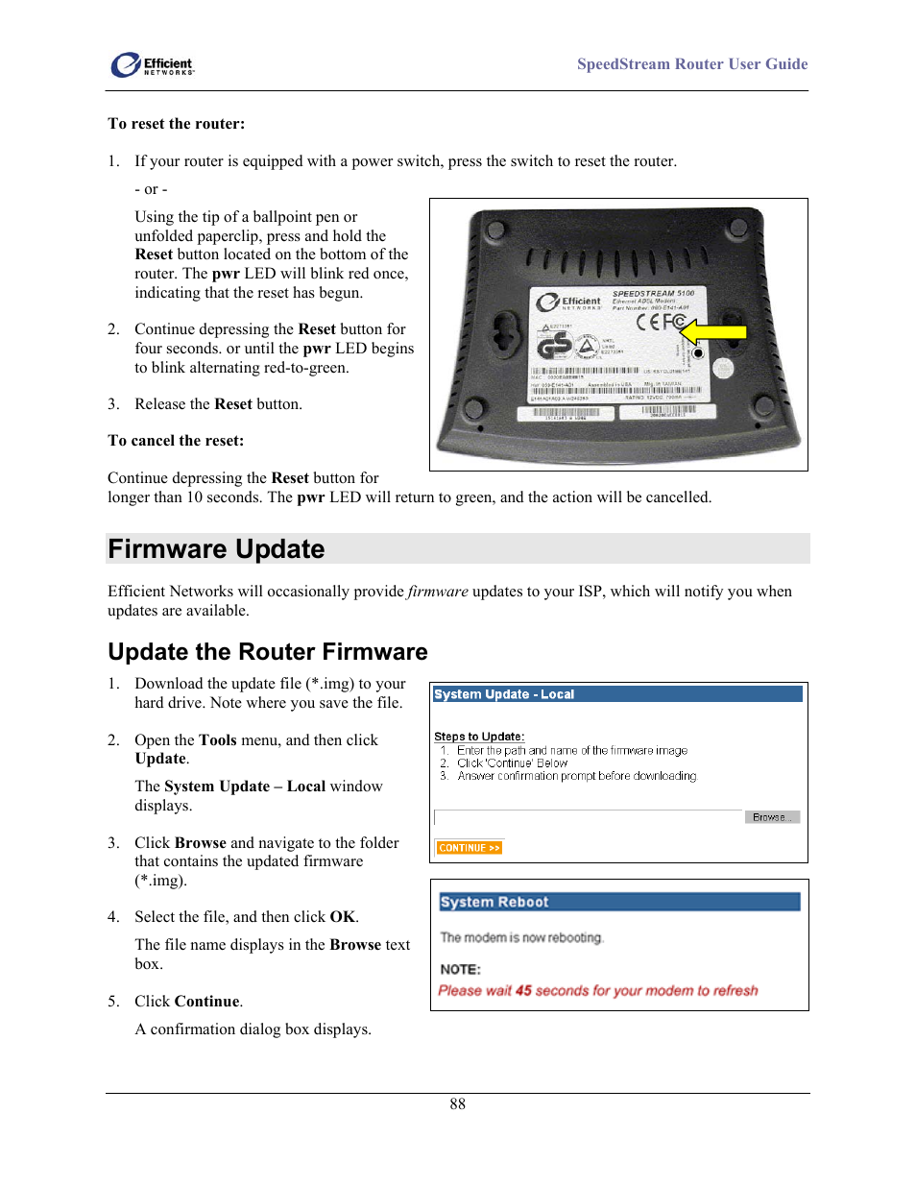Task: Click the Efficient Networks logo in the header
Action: pos(152,65)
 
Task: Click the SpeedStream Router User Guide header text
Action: pos(691,64)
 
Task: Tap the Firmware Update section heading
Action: pos(216,549)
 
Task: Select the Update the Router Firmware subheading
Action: pos(267,652)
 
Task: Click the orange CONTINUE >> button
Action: pos(469,848)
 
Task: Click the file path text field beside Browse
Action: pos(588,817)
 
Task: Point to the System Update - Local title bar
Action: pos(616,694)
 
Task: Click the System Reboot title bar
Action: pos(618,902)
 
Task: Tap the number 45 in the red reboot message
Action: pos(523,991)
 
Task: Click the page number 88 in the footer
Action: pos(457,1104)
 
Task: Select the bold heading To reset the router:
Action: pos(176,124)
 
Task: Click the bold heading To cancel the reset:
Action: pos(176,441)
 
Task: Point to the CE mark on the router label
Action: pos(654,322)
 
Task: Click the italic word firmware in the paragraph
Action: pos(438,592)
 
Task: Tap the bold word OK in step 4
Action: pos(342,917)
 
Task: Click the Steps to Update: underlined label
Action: pos(478,737)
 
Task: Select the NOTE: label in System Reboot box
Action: pos(460,969)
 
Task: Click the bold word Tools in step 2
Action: pos(217,740)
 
